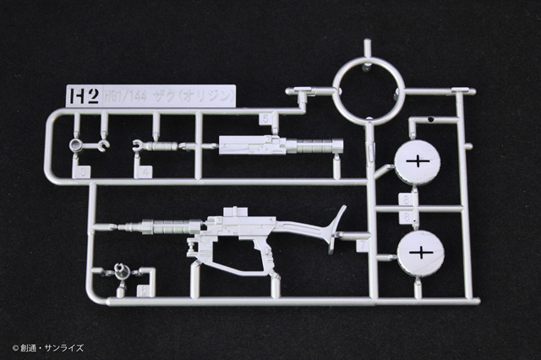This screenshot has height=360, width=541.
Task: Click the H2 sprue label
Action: pyautogui.click(x=79, y=94)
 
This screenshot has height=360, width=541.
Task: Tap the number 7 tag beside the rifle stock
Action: pyautogui.click(x=363, y=245)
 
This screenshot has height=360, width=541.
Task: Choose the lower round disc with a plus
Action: pyautogui.click(x=419, y=252)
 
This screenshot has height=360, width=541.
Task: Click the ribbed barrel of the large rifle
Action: pyautogui.click(x=164, y=226)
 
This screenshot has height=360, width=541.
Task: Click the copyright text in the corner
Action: pyautogui.click(x=48, y=347)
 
